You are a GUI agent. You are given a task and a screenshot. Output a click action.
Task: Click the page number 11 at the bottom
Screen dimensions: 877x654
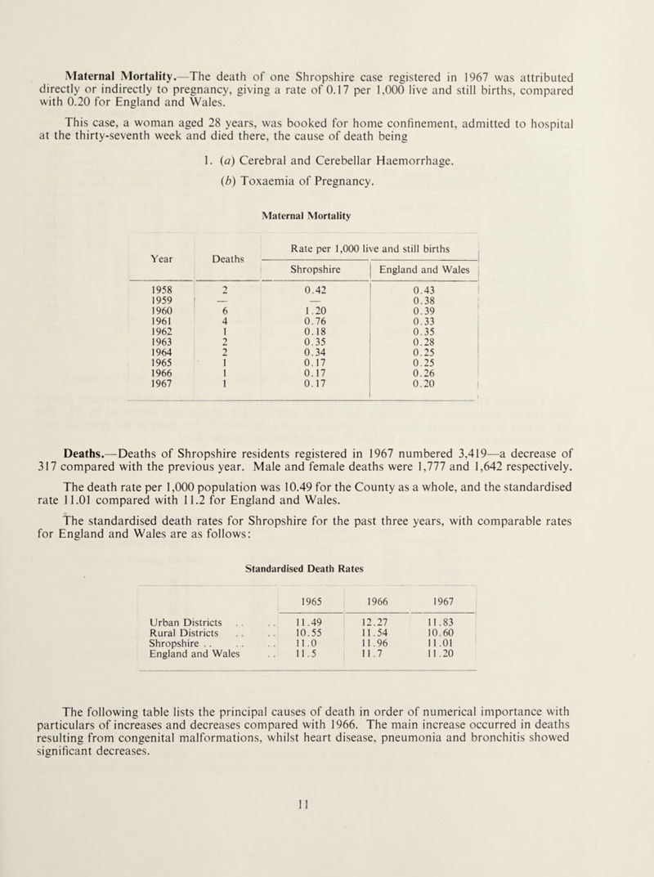[x=326, y=850]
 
